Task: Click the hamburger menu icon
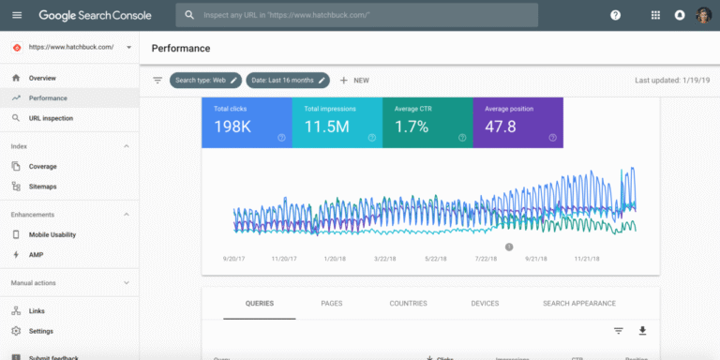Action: pyautogui.click(x=17, y=15)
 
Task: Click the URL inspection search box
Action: pyautogui.click(x=356, y=15)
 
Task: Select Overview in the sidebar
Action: pyautogui.click(x=42, y=78)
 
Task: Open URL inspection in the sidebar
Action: pyautogui.click(x=51, y=118)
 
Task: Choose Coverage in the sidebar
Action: pyautogui.click(x=43, y=166)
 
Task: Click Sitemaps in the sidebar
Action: pyautogui.click(x=43, y=187)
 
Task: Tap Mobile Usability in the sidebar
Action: pyautogui.click(x=52, y=234)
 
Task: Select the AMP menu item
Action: pyautogui.click(x=37, y=254)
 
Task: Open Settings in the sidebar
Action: pyautogui.click(x=41, y=331)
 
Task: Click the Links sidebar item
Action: pyautogui.click(x=37, y=310)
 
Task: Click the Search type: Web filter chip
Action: pyautogui.click(x=205, y=81)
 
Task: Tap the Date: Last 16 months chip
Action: pyautogui.click(x=287, y=81)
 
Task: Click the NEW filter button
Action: pyautogui.click(x=354, y=81)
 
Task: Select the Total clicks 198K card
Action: pyautogui.click(x=247, y=122)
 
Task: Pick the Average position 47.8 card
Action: pyautogui.click(x=517, y=122)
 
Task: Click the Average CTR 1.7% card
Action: pyautogui.click(x=427, y=122)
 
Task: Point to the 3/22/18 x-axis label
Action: pyautogui.click(x=386, y=259)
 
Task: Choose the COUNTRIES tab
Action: pyautogui.click(x=408, y=304)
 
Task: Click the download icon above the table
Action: pyautogui.click(x=642, y=331)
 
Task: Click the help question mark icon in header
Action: pyautogui.click(x=615, y=15)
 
